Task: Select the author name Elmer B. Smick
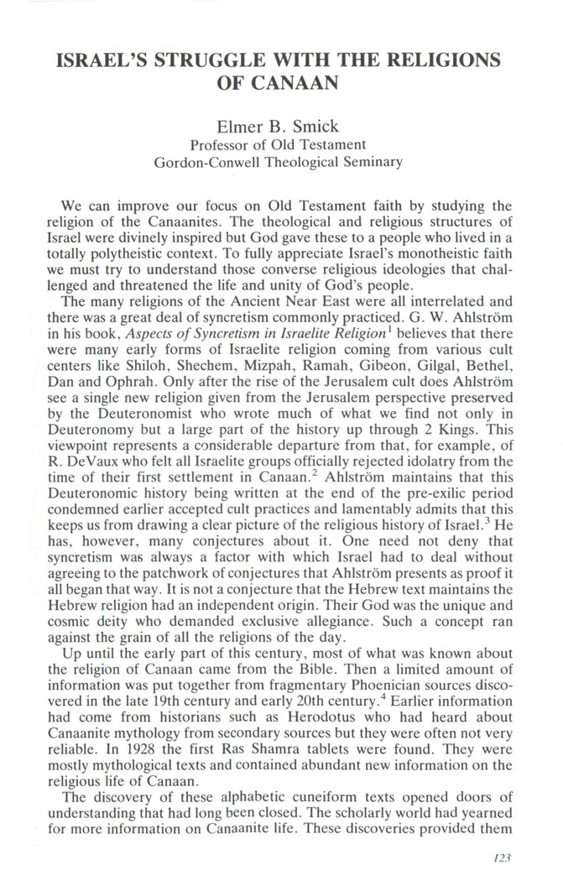279,128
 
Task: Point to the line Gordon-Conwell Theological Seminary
279,162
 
